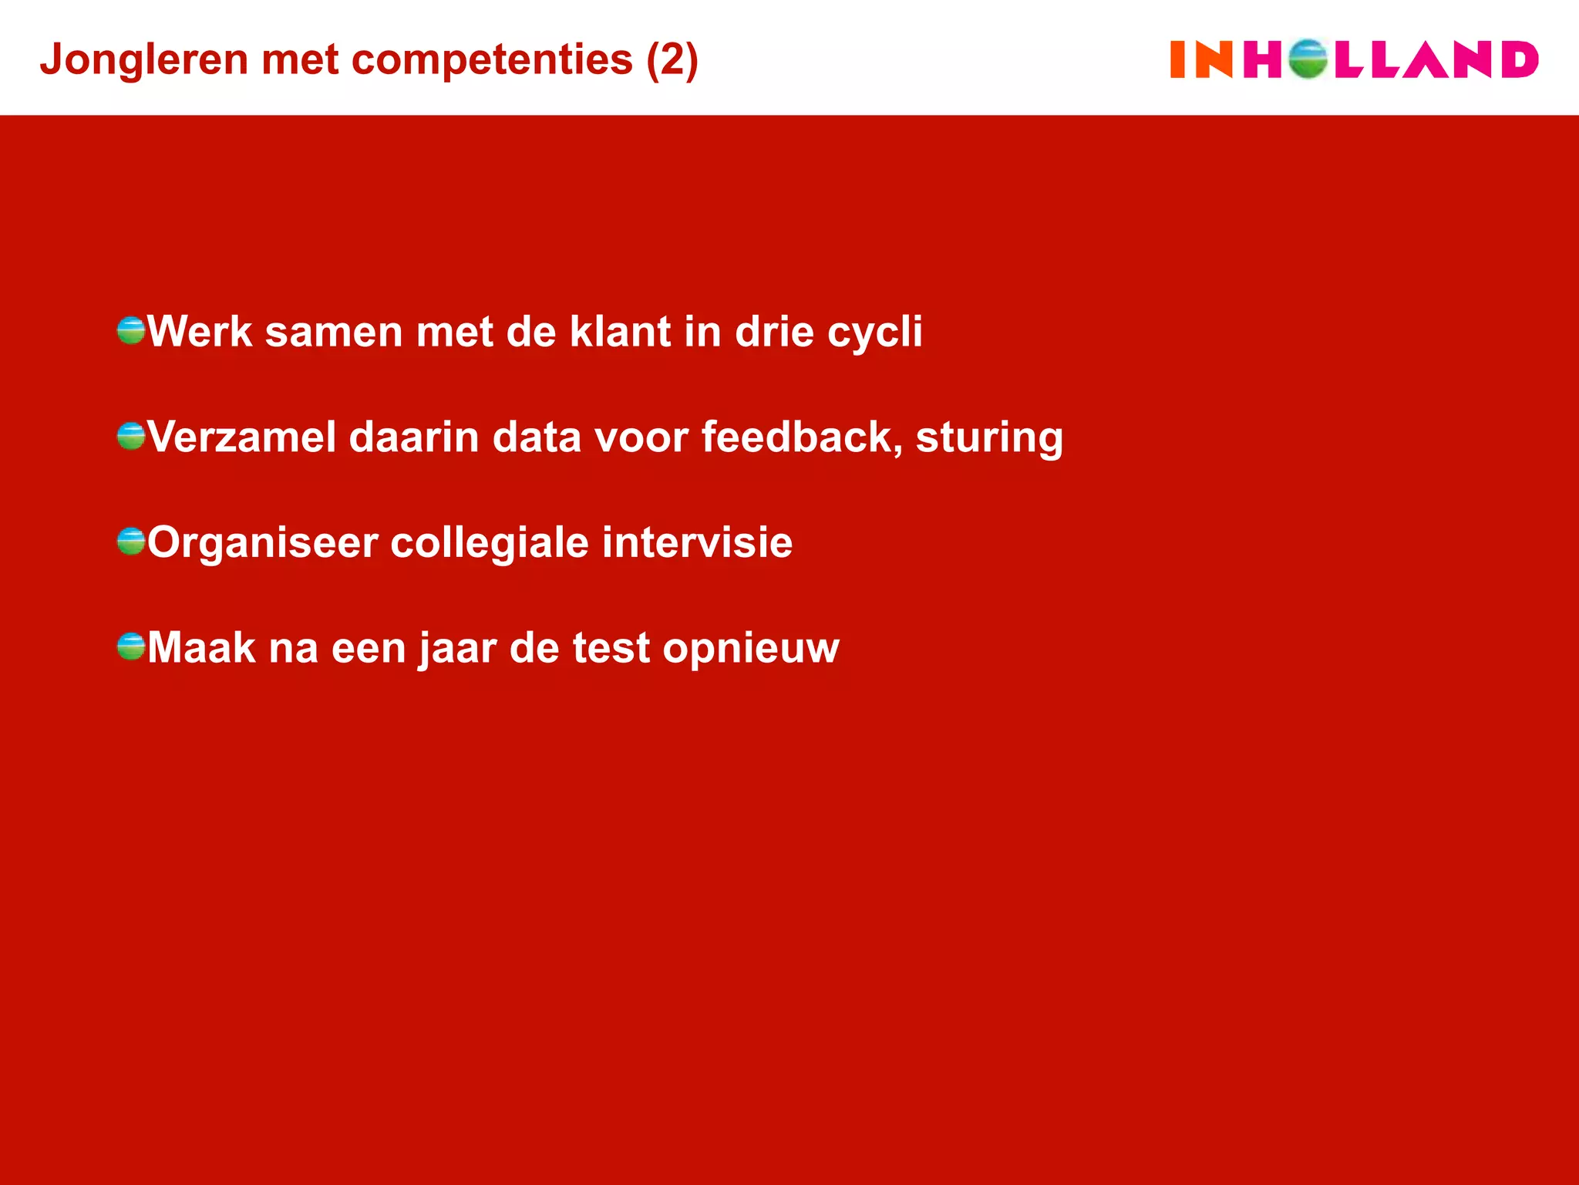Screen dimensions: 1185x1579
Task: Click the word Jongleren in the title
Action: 143,60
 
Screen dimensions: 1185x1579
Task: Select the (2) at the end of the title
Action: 672,60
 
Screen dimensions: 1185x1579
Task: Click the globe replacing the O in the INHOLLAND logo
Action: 1308,59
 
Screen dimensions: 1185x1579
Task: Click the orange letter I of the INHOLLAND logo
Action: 1177,59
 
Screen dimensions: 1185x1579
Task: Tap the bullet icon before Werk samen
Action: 131,330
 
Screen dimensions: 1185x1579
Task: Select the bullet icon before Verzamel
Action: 131,436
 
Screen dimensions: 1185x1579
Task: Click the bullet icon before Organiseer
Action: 131,542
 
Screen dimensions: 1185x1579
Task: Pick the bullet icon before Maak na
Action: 131,647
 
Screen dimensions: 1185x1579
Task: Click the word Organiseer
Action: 262,543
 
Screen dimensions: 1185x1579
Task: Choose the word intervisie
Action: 697,542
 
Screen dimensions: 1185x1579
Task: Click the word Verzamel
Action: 242,437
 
